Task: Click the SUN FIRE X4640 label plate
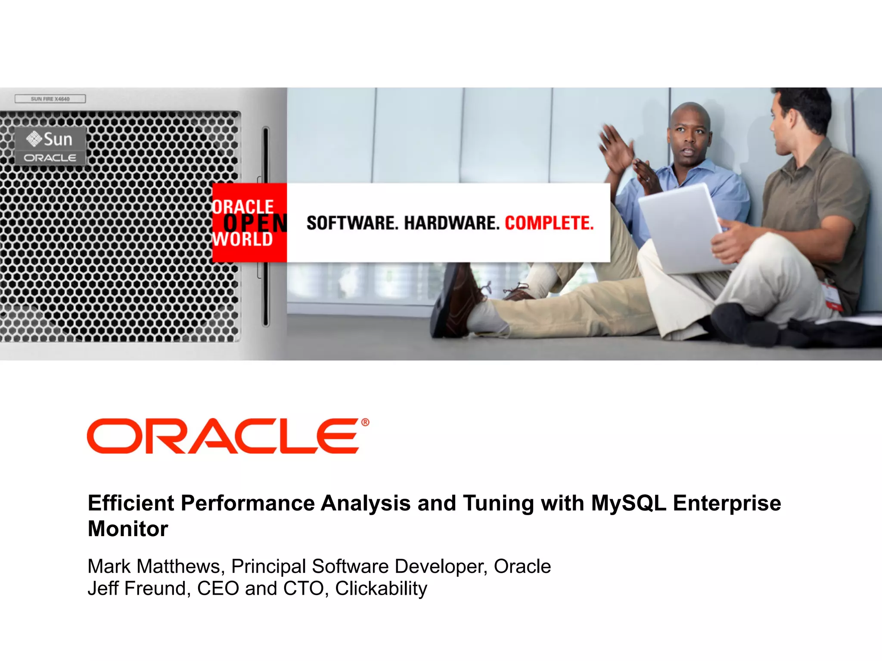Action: [50, 99]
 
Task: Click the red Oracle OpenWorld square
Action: [249, 222]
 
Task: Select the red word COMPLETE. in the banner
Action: [549, 223]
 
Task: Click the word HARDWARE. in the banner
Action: [451, 223]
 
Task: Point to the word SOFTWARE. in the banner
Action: [352, 223]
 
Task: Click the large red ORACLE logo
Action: [223, 436]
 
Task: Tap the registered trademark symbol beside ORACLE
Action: [365, 422]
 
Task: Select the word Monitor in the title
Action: [128, 529]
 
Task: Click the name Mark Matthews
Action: [154, 566]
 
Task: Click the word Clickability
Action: [381, 588]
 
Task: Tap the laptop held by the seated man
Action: [685, 228]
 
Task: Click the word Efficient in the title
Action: [131, 503]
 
